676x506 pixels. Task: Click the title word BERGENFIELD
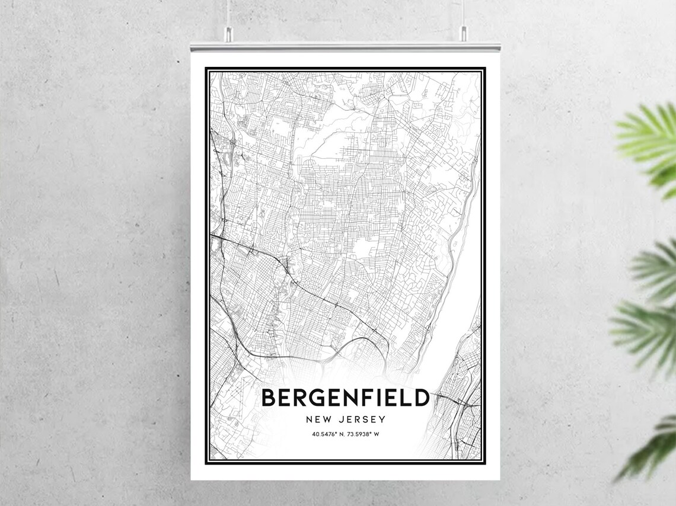pyautogui.click(x=345, y=398)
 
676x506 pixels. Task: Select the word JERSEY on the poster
pyautogui.click(x=363, y=419)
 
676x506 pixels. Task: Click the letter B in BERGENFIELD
pyautogui.click(x=269, y=398)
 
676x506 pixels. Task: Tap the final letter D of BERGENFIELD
pyautogui.click(x=421, y=398)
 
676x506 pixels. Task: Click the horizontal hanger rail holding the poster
pyautogui.click(x=345, y=46)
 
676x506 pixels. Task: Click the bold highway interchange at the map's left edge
pyautogui.click(x=221, y=237)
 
